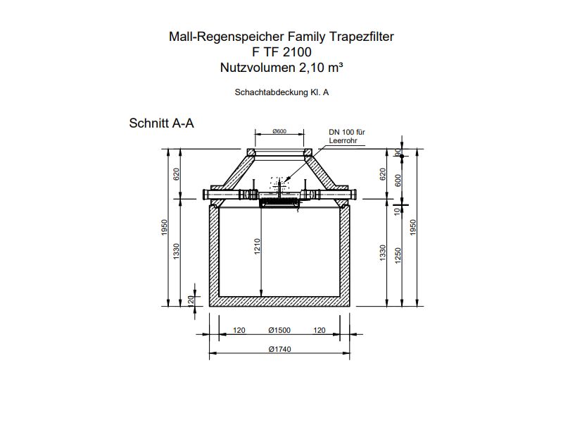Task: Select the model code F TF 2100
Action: (281, 51)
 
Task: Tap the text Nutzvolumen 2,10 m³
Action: (281, 67)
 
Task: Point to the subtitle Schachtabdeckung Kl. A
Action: (281, 92)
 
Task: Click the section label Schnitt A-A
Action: (162, 123)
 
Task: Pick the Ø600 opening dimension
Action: (279, 131)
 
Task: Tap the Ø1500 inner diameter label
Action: (280, 330)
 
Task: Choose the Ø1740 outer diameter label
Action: (280, 349)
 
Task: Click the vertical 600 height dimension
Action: (398, 180)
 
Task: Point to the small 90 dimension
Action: (398, 152)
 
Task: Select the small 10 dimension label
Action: (398, 209)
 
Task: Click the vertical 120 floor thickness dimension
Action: (191, 300)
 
